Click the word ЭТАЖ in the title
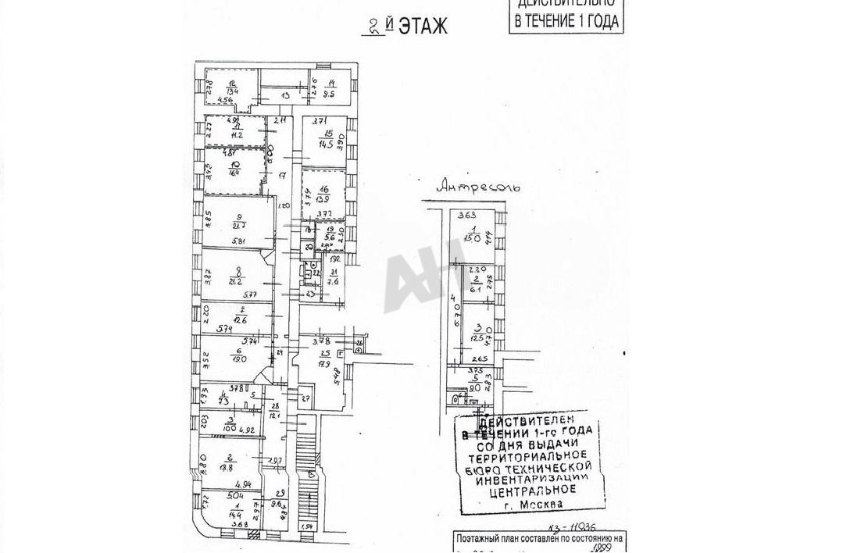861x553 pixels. pyautogui.click(x=423, y=27)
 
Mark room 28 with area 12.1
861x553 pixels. pyautogui.click(x=274, y=411)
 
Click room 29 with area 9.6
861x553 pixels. pyautogui.click(x=279, y=500)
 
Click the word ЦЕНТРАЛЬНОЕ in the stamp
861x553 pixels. pyautogui.click(x=532, y=490)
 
